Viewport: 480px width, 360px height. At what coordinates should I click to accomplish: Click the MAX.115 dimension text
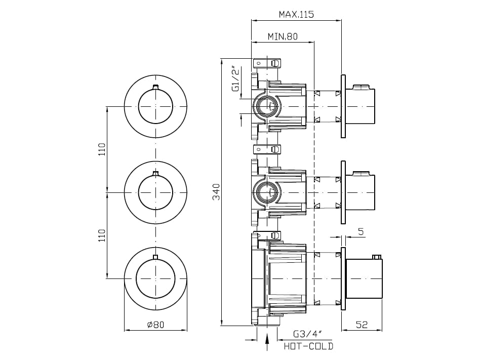[x=296, y=14]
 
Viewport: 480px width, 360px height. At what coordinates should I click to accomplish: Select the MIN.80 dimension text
[x=282, y=36]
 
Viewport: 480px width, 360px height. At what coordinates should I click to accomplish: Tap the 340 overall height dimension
[x=216, y=192]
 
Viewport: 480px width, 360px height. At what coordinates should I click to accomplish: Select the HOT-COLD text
[x=308, y=346]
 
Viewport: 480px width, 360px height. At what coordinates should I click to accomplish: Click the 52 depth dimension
[x=362, y=325]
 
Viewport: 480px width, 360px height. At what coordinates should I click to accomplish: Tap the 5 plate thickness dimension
[x=361, y=232]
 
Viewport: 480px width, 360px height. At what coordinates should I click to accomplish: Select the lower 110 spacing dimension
[x=102, y=235]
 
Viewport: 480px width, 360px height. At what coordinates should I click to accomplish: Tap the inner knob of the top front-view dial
[x=155, y=106]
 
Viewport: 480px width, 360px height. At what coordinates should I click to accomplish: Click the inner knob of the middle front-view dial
[x=155, y=192]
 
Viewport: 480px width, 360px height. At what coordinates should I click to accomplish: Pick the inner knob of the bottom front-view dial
[x=155, y=278]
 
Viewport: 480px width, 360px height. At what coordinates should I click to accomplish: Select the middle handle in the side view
[x=361, y=192]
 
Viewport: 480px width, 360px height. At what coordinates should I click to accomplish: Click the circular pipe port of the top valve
[x=267, y=107]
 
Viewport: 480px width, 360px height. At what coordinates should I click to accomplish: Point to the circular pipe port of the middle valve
[x=267, y=192]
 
